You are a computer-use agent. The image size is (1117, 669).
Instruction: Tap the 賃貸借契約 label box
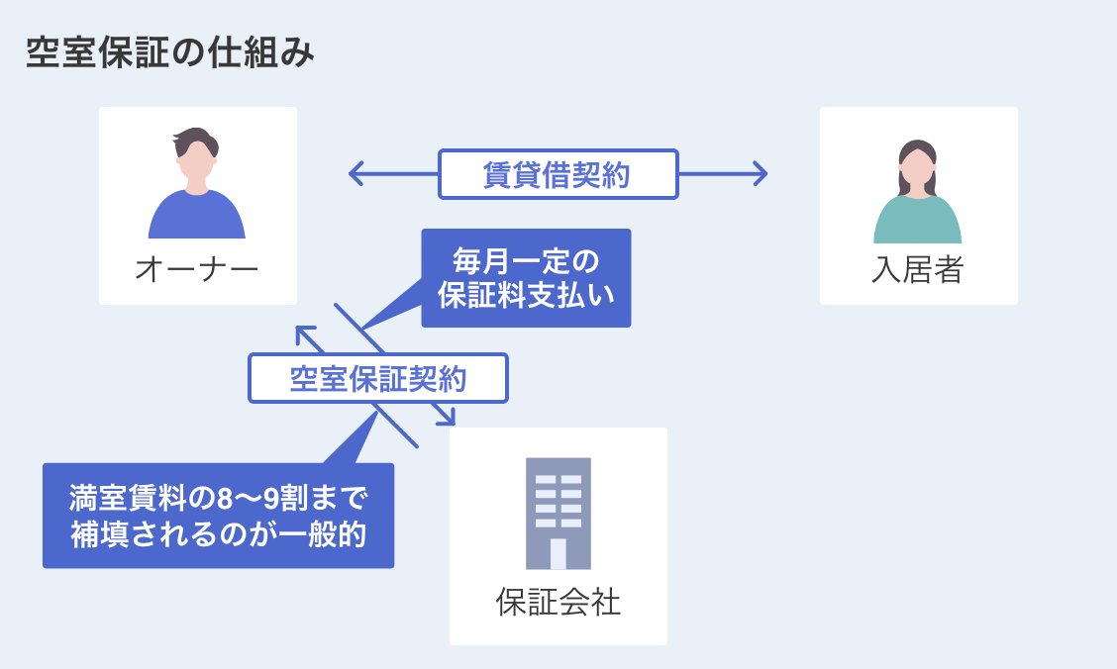click(x=558, y=174)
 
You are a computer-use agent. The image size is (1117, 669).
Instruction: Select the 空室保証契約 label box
click(x=377, y=378)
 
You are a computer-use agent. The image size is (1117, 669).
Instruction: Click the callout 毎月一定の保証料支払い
click(x=526, y=278)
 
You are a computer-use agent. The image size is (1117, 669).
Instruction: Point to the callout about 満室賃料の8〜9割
click(x=218, y=516)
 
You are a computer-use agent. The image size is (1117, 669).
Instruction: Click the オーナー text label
click(x=196, y=268)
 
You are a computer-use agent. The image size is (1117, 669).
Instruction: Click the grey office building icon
click(x=558, y=513)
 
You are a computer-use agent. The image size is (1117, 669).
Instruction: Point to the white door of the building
click(x=558, y=554)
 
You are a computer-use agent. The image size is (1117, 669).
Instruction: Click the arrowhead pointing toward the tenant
click(x=761, y=174)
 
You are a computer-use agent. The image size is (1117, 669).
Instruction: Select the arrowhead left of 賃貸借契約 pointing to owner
click(x=355, y=174)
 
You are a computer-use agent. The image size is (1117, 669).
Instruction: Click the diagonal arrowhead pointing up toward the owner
click(x=304, y=334)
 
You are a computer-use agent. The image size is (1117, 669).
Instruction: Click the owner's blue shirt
click(x=196, y=218)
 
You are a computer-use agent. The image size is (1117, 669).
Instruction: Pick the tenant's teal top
click(x=917, y=223)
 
